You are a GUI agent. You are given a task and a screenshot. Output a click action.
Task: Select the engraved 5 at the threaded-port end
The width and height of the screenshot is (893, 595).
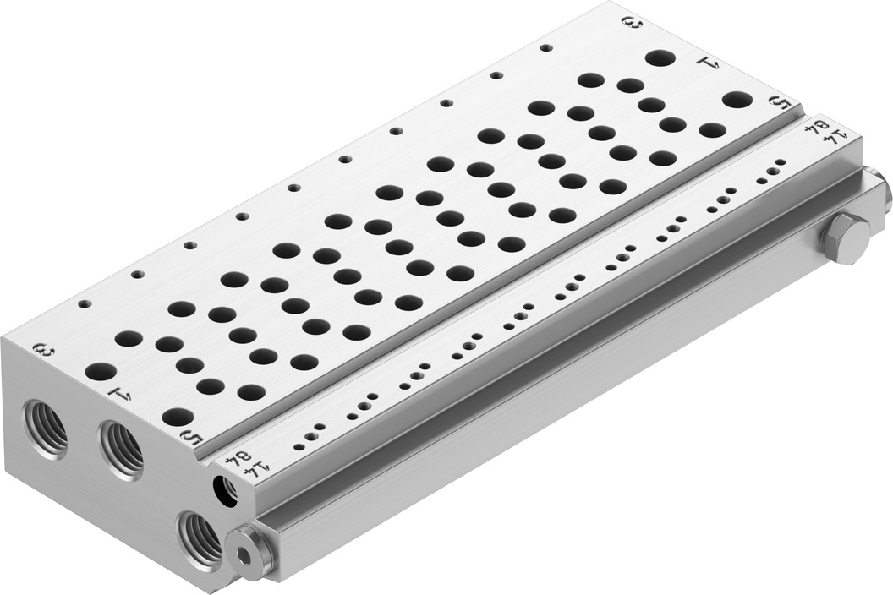191,437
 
